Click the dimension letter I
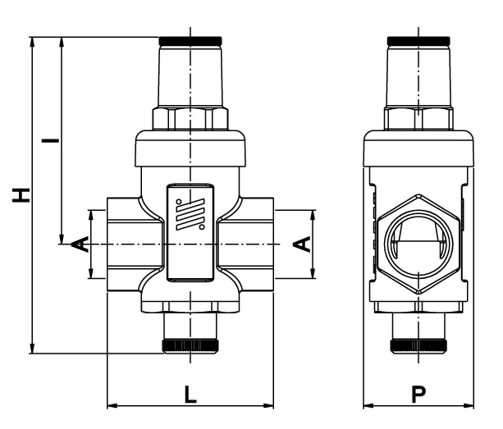50,140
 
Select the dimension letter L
190,395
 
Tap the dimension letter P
419,395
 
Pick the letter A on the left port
79,244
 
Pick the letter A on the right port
302,244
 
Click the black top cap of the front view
190,39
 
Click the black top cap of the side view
418,39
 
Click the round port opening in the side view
418,244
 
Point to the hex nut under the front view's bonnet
190,118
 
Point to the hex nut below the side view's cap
418,118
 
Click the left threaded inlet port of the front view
123,244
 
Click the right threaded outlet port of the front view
254,244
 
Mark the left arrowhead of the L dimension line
112,404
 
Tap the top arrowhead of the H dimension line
33,42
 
